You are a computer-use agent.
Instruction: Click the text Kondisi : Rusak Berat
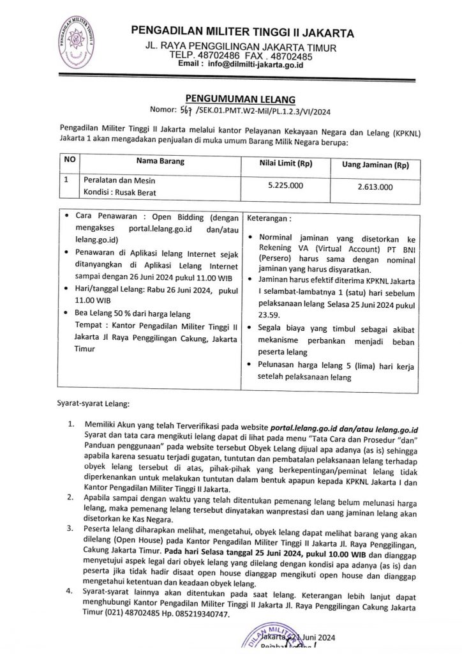point(120,192)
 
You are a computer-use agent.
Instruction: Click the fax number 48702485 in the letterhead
point(290,56)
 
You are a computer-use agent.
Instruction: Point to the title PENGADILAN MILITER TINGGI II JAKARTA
point(242,33)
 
